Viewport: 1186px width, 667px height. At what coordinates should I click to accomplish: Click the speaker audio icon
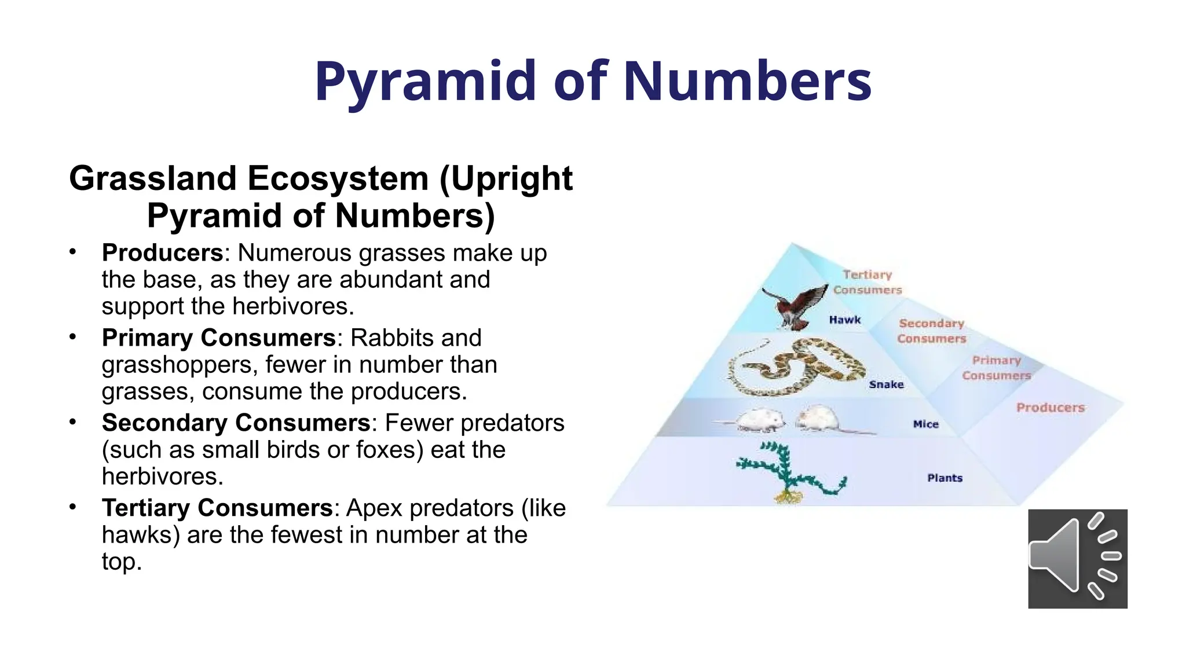click(x=1077, y=558)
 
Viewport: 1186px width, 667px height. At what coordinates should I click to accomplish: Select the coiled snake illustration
click(x=796, y=368)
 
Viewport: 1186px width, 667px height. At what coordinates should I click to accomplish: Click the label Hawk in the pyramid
click(x=845, y=320)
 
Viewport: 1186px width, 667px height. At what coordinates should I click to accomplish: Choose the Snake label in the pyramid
click(x=886, y=384)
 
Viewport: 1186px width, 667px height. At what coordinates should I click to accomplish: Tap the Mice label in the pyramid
click(x=925, y=424)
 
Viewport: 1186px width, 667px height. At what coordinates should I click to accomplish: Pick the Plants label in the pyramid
click(x=945, y=478)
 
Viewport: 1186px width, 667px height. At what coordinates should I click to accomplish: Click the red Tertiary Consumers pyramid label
click(x=867, y=282)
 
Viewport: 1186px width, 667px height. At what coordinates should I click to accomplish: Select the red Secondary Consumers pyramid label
click(x=932, y=331)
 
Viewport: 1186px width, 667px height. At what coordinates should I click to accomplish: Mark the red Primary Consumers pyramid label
click(x=997, y=368)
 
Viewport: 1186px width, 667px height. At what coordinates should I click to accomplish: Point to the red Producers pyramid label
click(x=1050, y=408)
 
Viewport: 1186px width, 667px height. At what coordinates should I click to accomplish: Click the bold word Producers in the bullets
click(x=163, y=253)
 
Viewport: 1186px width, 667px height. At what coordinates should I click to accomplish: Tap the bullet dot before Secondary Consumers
click(x=72, y=422)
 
